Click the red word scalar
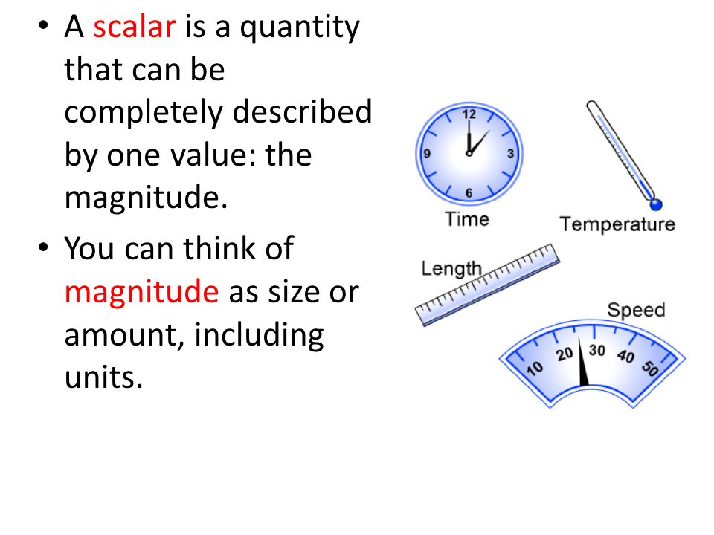(134, 28)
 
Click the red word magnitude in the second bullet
(141, 292)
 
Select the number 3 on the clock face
(510, 154)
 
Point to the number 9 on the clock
(427, 154)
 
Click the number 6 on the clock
(469, 193)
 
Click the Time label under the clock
(467, 219)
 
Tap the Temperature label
(617, 224)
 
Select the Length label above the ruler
(451, 268)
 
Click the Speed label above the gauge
(636, 310)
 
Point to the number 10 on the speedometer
(535, 367)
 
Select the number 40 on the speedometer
(625, 356)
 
